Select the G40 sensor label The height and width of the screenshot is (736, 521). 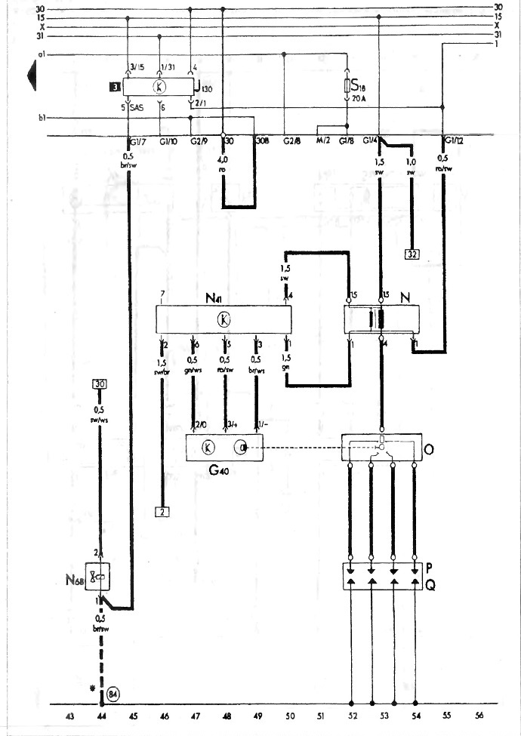pyautogui.click(x=219, y=470)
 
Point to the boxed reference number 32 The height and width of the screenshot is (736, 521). pyautogui.click(x=412, y=254)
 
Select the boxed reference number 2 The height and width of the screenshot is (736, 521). pyautogui.click(x=162, y=512)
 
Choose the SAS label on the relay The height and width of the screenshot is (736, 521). pyautogui.click(x=137, y=109)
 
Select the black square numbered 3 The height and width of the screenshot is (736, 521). pyautogui.click(x=113, y=88)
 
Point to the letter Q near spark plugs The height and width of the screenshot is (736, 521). pyautogui.click(x=430, y=584)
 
